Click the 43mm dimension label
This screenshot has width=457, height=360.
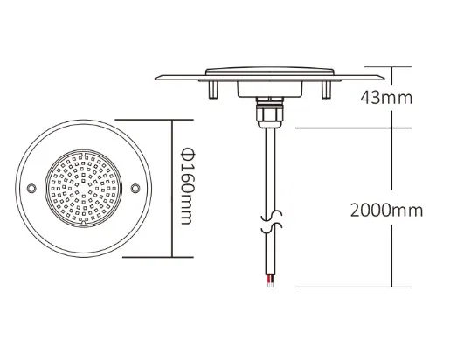(x=384, y=98)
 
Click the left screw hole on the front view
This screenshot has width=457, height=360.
(x=32, y=188)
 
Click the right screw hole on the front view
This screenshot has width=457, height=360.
(x=135, y=188)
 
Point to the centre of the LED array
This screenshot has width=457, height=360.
(x=84, y=189)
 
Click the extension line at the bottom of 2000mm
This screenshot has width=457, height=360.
(x=350, y=287)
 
